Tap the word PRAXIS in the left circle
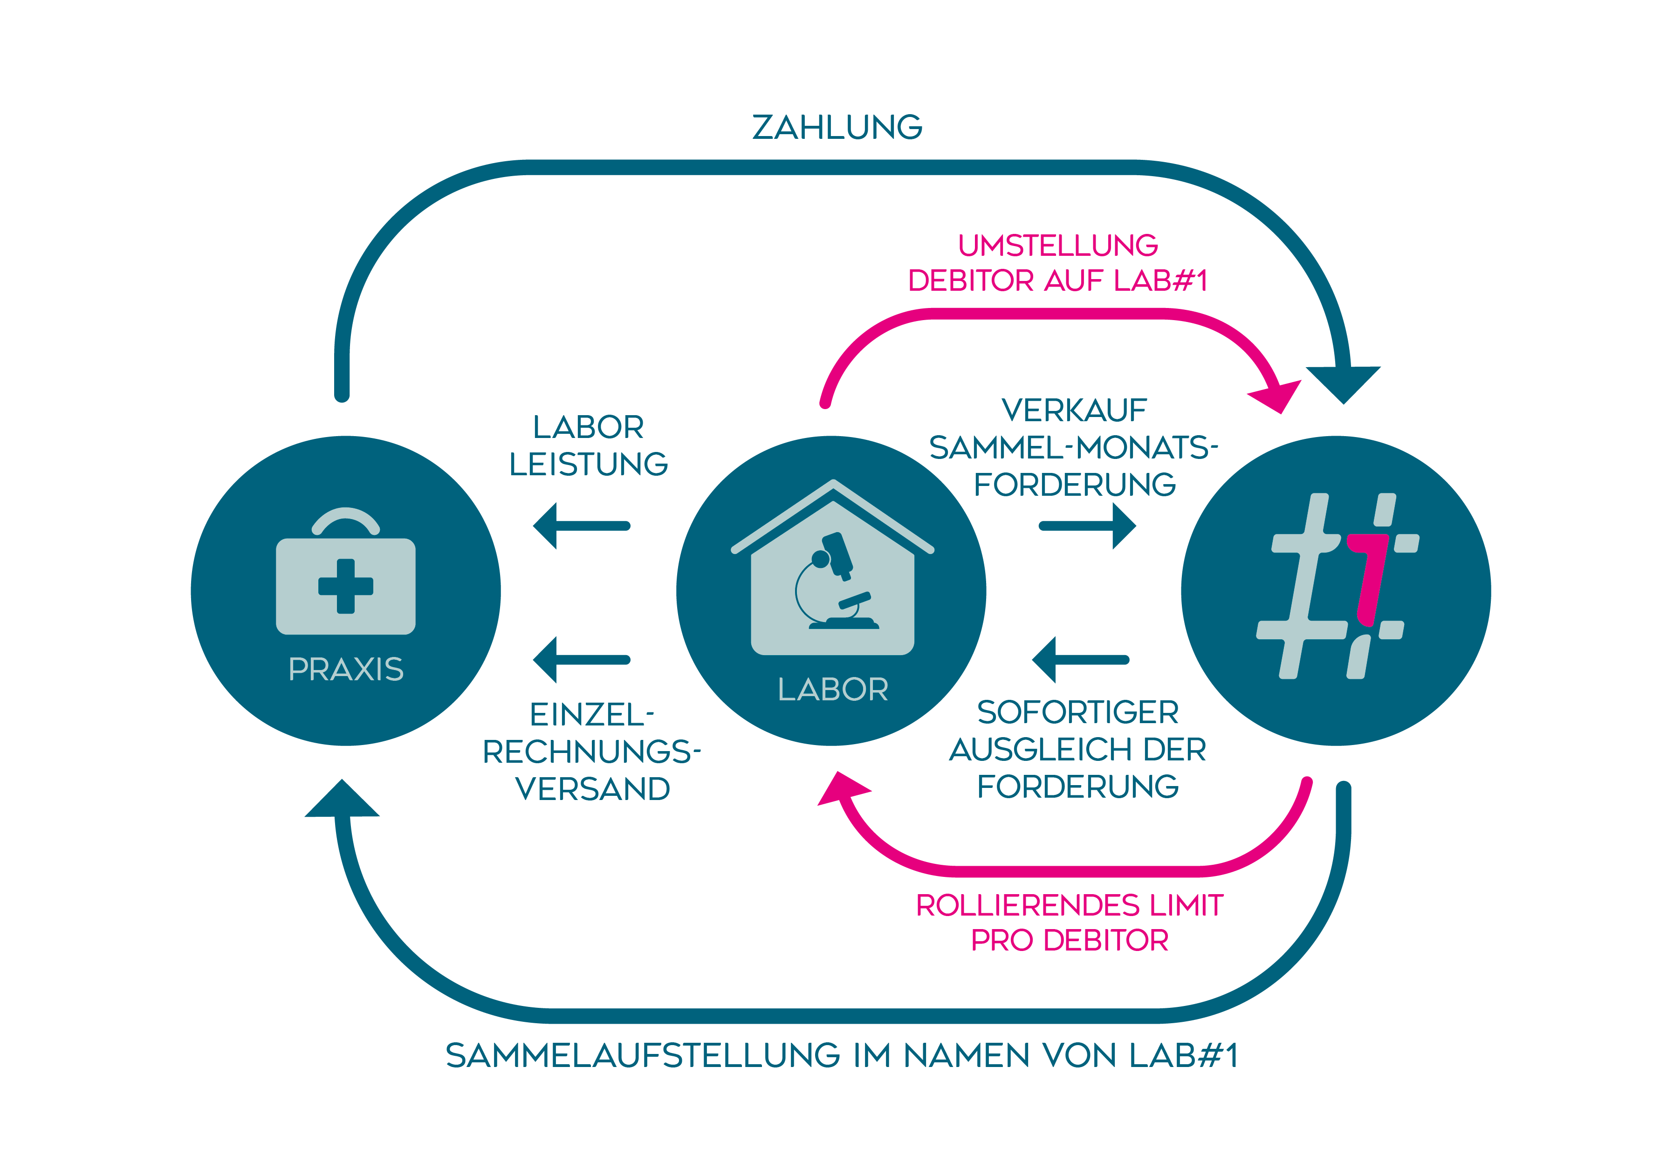click(346, 669)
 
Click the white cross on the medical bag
click(346, 586)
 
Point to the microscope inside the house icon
click(837, 582)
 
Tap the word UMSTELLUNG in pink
click(1058, 246)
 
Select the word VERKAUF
click(1074, 410)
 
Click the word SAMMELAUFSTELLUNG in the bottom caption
click(642, 1055)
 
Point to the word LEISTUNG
click(588, 464)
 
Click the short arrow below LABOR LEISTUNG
click(581, 526)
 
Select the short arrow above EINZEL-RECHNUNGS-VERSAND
click(581, 660)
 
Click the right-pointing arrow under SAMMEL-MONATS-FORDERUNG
click(1087, 526)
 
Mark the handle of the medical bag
click(346, 519)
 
